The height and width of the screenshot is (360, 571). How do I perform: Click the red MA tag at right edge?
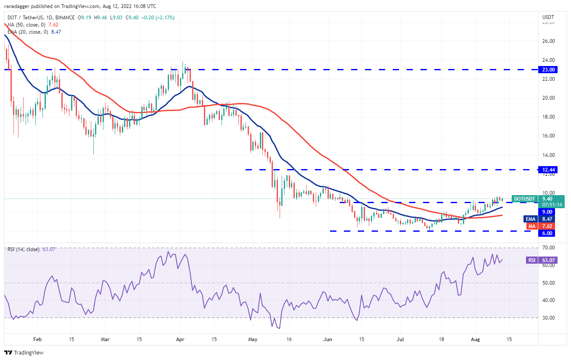tap(532, 226)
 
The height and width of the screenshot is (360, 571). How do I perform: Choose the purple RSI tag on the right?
tap(532, 260)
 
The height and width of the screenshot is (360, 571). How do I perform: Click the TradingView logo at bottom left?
tap(24, 352)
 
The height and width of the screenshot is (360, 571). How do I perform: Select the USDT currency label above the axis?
tap(549, 17)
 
